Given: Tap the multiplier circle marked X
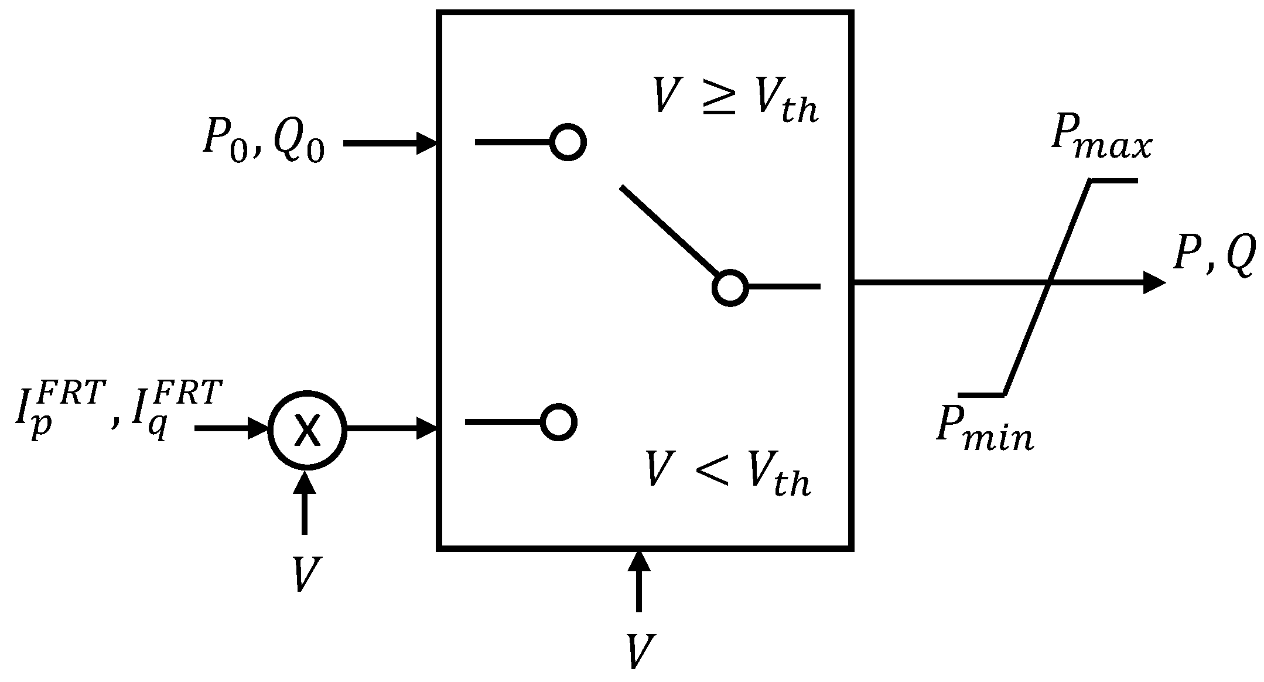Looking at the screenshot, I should [x=308, y=429].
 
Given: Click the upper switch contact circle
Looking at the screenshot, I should [x=568, y=142].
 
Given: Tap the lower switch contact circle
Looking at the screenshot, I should [x=559, y=422].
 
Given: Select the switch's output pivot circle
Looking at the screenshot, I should [x=730, y=288].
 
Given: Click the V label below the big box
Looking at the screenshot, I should [x=640, y=651].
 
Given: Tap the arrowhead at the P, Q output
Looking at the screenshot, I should [x=1154, y=284].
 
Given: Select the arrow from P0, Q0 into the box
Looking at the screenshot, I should [x=390, y=143].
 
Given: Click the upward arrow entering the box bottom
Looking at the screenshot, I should [x=639, y=580].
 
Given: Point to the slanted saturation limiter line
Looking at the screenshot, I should [x=1048, y=287].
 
